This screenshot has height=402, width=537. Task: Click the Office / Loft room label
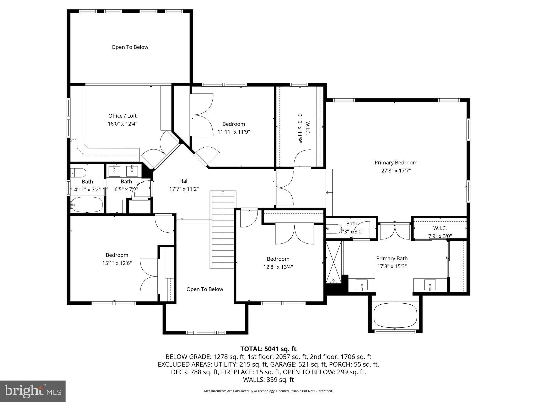[x=122, y=116]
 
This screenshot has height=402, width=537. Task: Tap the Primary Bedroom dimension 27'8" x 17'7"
[x=396, y=171]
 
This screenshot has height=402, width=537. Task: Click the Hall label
[x=184, y=181]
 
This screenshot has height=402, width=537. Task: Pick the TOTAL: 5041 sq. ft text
[x=268, y=349]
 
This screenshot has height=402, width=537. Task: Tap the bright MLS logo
[x=33, y=391]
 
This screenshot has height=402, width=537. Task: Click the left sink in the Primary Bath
[x=362, y=285]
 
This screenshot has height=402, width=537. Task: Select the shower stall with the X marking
[x=334, y=262]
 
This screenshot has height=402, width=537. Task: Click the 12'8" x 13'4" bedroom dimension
[x=278, y=267]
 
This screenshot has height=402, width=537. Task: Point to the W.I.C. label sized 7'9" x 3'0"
[x=440, y=228]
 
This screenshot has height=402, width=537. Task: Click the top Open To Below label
[x=130, y=47]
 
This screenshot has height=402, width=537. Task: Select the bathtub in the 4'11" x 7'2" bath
[x=87, y=205]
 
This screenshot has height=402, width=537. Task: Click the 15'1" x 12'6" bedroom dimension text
[x=117, y=263]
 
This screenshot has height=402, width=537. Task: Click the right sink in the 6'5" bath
[x=132, y=171]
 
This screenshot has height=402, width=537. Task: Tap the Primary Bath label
[x=392, y=258]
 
